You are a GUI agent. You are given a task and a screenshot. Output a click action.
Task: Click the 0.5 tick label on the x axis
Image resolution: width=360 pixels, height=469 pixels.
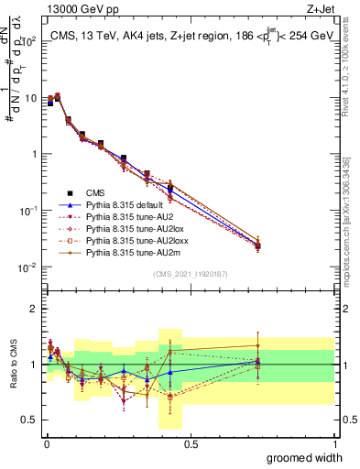[190, 444]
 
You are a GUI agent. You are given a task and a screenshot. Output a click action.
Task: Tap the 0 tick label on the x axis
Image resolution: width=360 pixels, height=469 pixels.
[46, 444]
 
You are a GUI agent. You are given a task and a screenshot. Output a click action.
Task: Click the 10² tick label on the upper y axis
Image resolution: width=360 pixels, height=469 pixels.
[27, 41]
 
